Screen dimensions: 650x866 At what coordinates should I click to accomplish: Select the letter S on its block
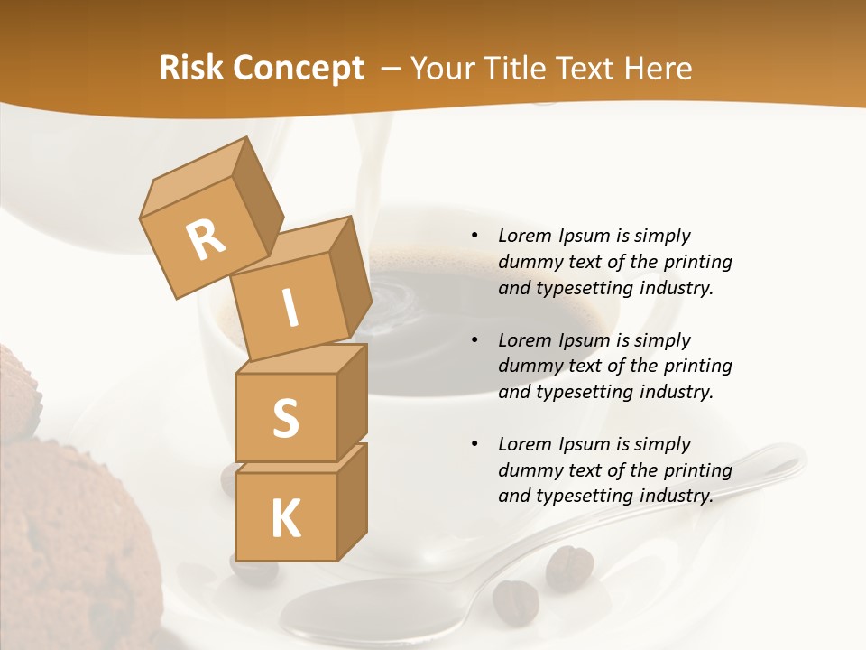pyautogui.click(x=285, y=419)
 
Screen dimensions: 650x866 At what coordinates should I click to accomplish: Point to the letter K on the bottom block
pyautogui.click(x=285, y=519)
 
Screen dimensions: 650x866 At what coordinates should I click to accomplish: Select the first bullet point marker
pyautogui.click(x=474, y=237)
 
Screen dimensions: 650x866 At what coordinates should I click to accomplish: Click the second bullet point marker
pyautogui.click(x=474, y=341)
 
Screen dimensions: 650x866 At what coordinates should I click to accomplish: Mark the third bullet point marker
pyautogui.click(x=474, y=445)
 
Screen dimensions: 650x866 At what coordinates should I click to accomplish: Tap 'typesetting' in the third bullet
pyautogui.click(x=578, y=496)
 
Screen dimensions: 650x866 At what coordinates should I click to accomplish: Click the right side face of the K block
pyautogui.click(x=352, y=506)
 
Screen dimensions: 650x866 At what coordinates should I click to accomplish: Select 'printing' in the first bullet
pyautogui.click(x=697, y=263)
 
